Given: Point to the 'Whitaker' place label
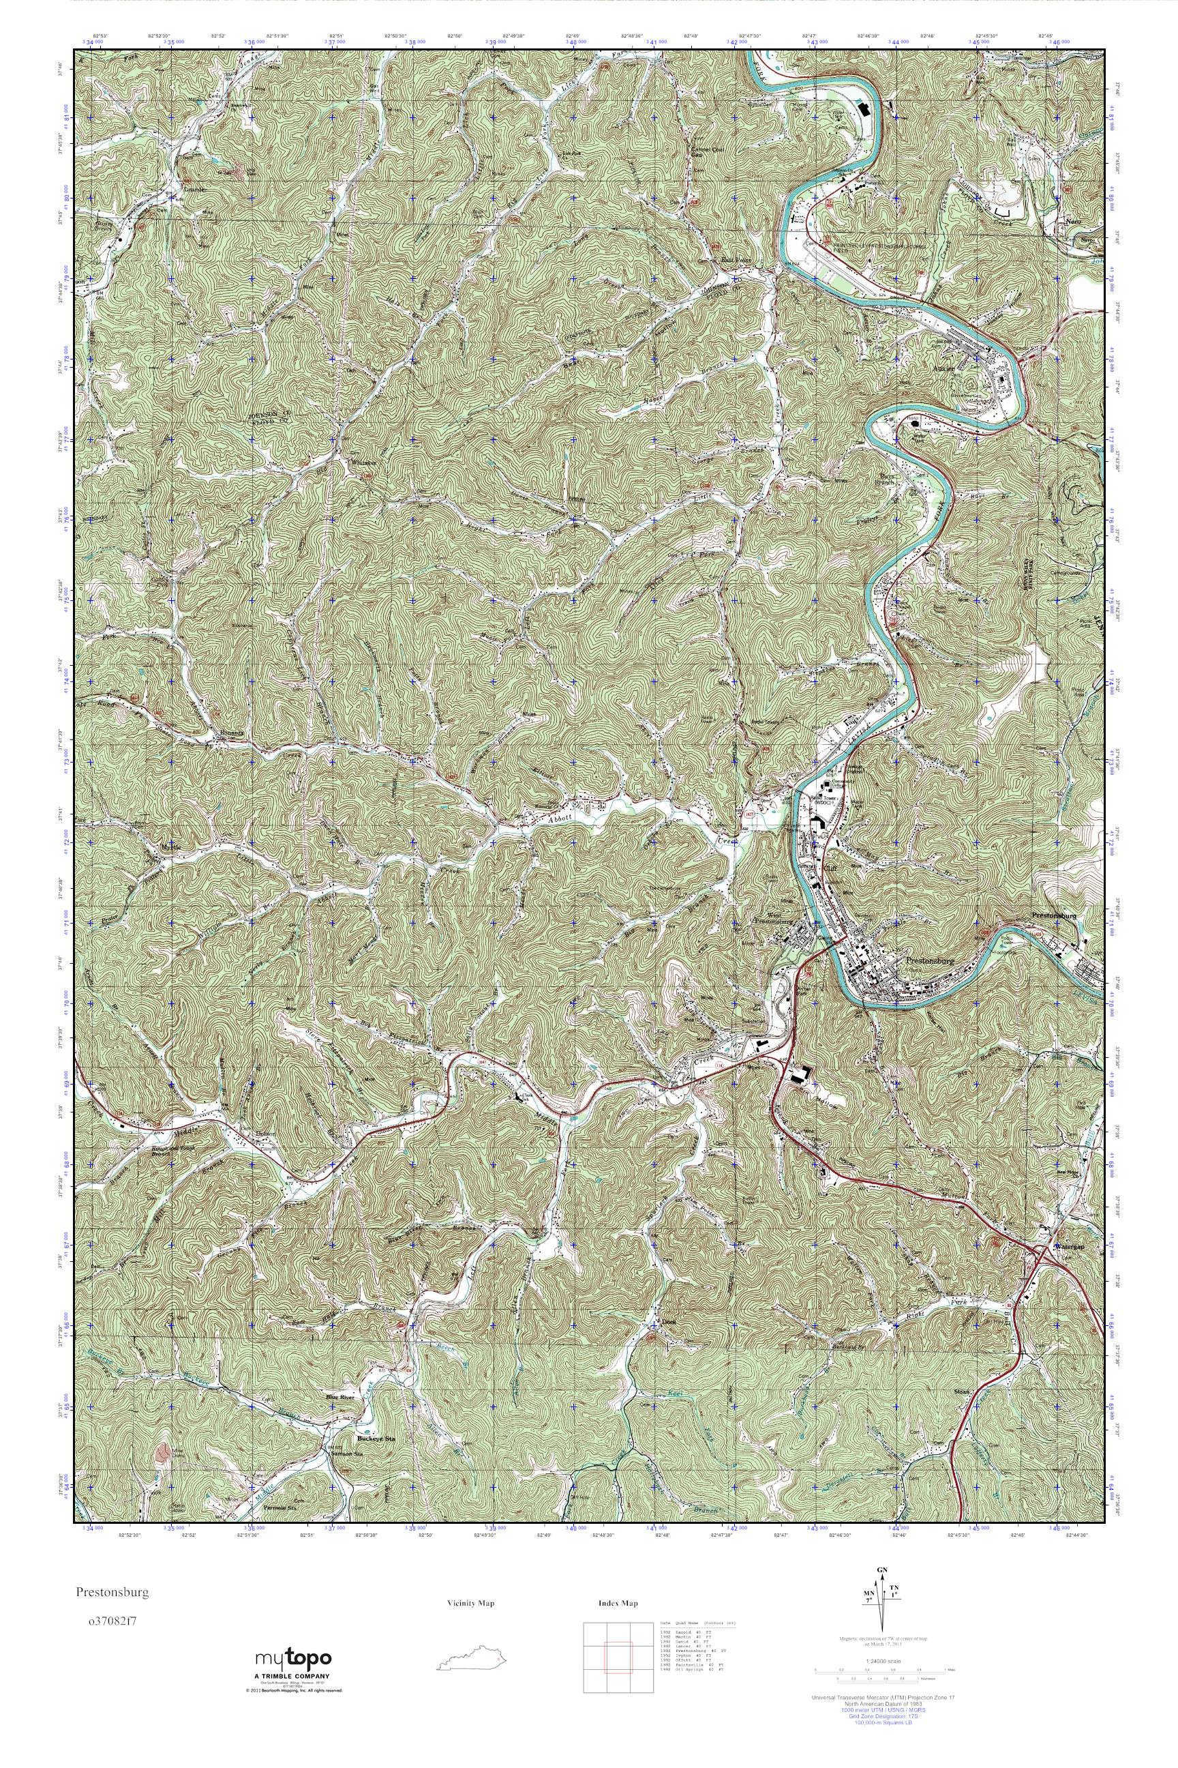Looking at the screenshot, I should pos(363,463).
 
